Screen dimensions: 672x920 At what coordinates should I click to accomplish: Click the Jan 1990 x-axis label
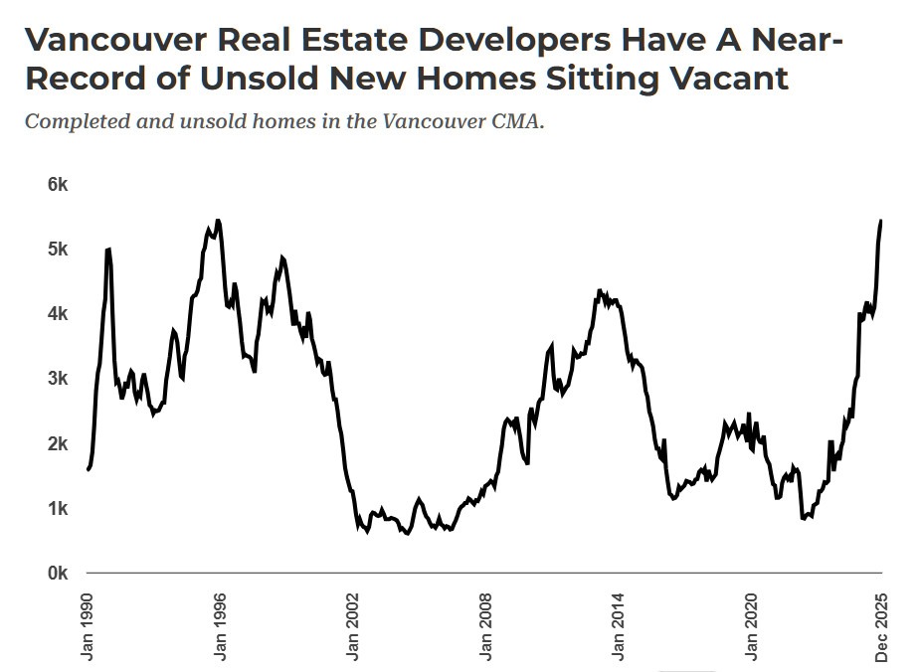click(x=88, y=626)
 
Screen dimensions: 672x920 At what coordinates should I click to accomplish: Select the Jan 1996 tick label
click(x=220, y=626)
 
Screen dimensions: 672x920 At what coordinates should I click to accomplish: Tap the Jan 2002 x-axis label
click(x=352, y=626)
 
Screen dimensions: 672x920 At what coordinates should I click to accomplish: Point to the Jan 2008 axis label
click(x=485, y=626)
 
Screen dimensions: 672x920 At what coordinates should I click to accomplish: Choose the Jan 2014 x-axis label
click(x=618, y=626)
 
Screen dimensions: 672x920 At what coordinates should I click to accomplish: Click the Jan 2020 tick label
click(x=750, y=626)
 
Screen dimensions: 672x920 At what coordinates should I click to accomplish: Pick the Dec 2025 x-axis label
click(x=882, y=626)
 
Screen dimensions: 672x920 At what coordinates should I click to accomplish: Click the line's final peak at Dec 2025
click(x=881, y=221)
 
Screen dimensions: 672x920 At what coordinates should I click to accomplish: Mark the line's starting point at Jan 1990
click(x=89, y=469)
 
